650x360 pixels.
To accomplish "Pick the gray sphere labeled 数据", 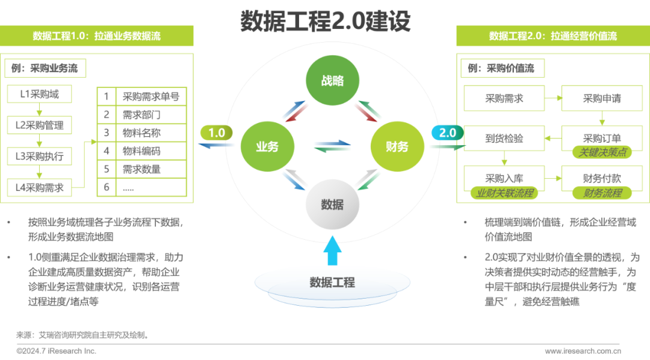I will [332, 205].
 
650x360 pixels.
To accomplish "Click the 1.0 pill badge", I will [217, 133].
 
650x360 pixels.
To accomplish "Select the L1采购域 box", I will [39, 94].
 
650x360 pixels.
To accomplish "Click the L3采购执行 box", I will [39, 157].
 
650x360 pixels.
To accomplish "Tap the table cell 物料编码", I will [142, 151].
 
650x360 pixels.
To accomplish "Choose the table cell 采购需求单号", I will [151, 96].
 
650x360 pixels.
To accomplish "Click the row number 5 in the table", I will [107, 169].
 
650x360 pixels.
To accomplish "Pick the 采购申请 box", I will [602, 99].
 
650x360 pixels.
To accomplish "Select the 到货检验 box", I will [504, 138].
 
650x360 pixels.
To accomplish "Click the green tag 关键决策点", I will [602, 152].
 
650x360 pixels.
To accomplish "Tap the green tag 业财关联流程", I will [505, 193].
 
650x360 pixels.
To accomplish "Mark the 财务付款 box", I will [602, 178].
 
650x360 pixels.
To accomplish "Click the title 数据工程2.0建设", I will [325, 22].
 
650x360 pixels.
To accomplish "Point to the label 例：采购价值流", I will [501, 69].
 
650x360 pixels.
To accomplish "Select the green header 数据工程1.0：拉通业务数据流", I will [97, 36].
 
